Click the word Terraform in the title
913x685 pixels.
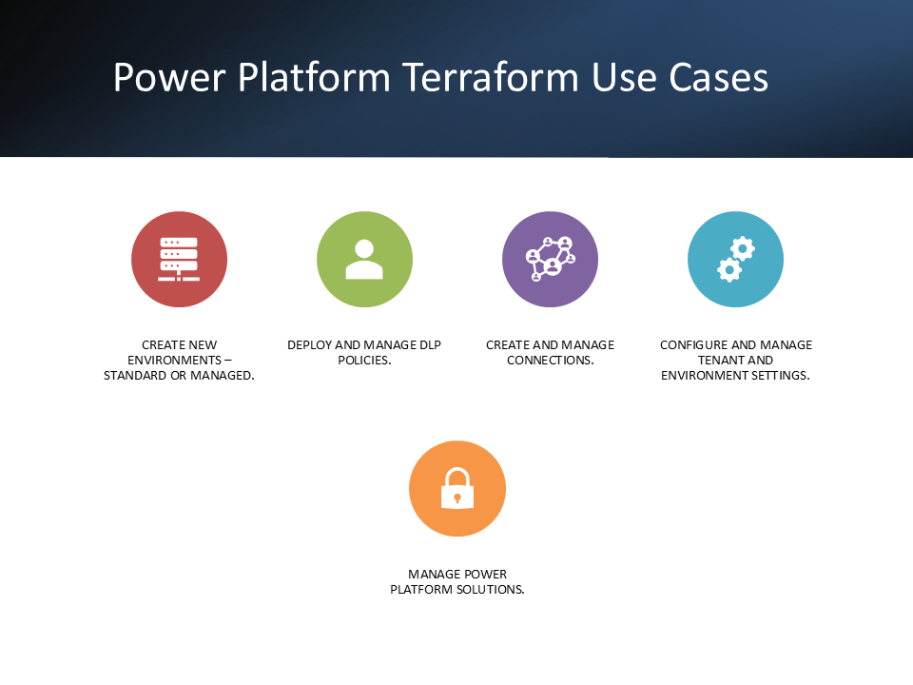[491, 77]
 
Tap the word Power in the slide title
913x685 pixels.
[169, 77]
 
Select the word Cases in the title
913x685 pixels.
[719, 77]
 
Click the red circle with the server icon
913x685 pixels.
[180, 259]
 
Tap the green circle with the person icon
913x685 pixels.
[364, 259]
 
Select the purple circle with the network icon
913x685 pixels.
[551, 259]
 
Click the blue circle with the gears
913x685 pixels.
[735, 259]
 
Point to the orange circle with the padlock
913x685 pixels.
[457, 489]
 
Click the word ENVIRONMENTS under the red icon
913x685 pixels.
[175, 361]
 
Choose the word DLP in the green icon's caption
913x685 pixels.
[430, 345]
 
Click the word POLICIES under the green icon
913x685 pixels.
[364, 361]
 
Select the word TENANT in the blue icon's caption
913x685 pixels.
[718, 361]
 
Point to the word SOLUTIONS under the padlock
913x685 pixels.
[491, 590]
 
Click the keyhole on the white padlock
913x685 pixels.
[457, 498]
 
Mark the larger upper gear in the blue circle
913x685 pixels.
[743, 248]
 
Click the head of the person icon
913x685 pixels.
[364, 248]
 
